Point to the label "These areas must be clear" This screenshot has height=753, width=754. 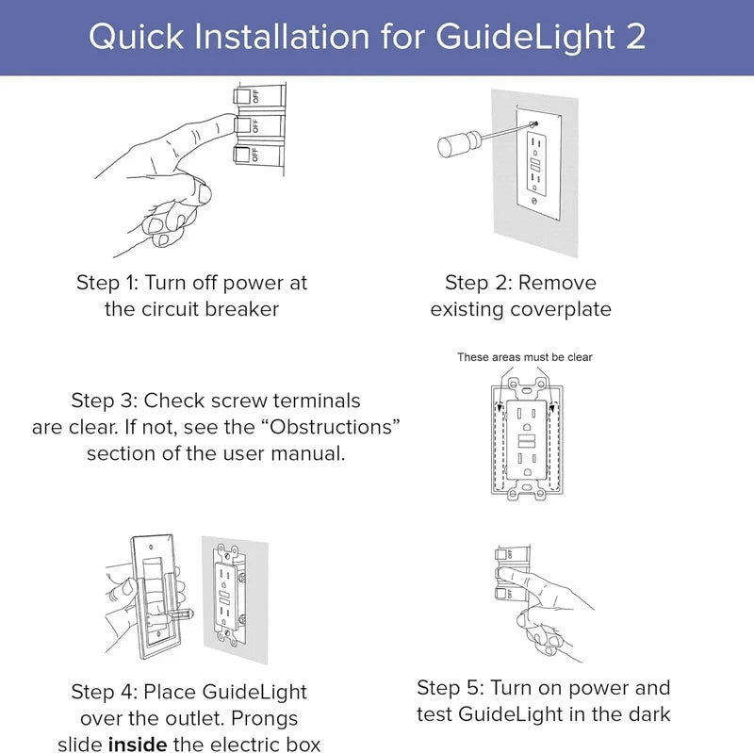click(x=525, y=357)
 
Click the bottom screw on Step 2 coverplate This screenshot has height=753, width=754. click(x=535, y=201)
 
